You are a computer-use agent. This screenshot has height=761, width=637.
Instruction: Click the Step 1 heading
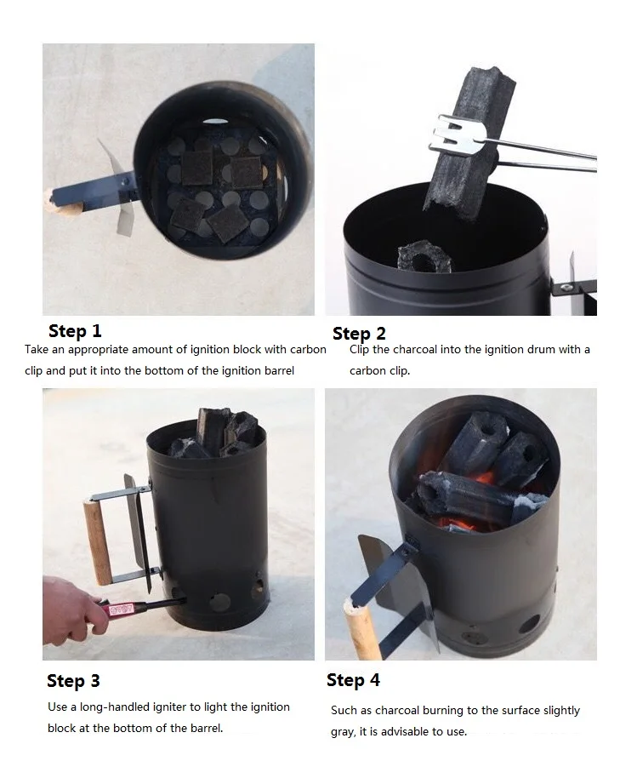pos(75,331)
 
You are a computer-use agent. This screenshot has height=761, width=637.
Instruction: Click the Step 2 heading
pos(359,334)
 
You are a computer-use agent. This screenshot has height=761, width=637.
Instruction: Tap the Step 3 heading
pos(73,680)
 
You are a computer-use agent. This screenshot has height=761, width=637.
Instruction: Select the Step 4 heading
pos(353,680)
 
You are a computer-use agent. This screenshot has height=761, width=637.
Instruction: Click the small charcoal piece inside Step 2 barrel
pos(424,257)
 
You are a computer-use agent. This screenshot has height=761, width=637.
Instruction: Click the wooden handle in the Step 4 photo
pos(358,629)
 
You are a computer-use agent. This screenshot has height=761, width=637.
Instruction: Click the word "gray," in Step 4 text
pos(344,732)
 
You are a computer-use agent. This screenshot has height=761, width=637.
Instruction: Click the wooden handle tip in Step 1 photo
pos(49,198)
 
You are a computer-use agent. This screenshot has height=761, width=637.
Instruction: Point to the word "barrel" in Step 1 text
pos(279,371)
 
